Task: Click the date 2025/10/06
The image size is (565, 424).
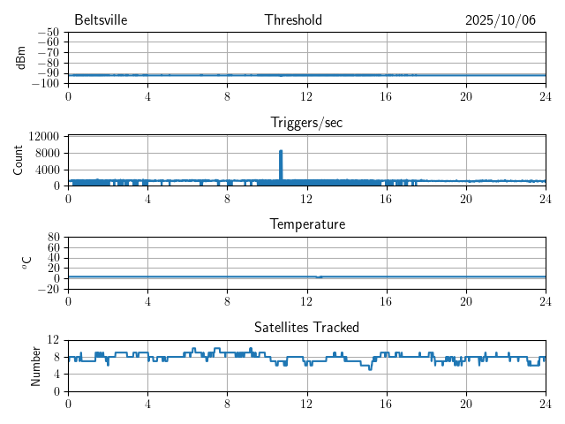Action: (500, 20)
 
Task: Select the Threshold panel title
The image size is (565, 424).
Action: (293, 20)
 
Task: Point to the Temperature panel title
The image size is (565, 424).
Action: (306, 224)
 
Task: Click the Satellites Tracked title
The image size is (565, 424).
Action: (306, 327)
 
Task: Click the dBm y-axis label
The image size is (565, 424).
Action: (20, 57)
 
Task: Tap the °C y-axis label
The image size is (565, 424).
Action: (26, 262)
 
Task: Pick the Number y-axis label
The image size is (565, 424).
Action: (36, 365)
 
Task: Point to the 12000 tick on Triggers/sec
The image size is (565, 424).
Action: (44, 136)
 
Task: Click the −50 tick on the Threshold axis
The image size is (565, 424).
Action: (48, 33)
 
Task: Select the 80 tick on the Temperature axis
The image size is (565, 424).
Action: (53, 238)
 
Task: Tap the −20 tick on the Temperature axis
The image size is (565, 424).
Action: (48, 289)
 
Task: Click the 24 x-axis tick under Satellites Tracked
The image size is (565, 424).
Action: (545, 403)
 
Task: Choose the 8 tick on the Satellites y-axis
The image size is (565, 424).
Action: (56, 357)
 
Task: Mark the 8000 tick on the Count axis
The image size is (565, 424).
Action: (47, 153)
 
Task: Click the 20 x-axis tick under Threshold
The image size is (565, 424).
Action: (465, 95)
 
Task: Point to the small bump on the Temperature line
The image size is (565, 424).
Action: (319, 276)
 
